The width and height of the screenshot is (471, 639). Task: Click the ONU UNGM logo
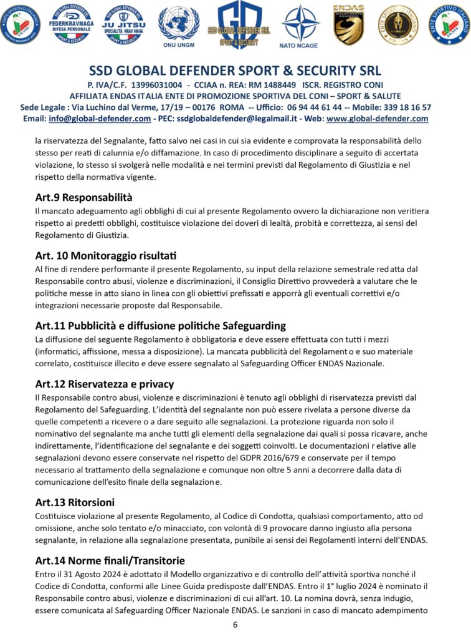178,25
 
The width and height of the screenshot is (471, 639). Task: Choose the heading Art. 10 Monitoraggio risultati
106,256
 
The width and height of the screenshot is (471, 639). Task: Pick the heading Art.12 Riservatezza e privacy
105,384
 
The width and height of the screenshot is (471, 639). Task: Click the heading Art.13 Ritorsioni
75,502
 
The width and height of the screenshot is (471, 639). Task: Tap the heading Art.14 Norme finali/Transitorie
110,560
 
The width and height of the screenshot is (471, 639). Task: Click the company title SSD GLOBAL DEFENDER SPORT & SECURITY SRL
235,70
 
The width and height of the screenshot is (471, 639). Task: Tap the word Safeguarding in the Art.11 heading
253,326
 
